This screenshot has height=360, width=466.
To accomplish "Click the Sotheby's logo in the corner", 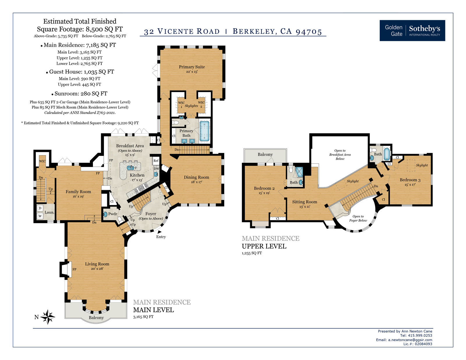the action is click(412, 31).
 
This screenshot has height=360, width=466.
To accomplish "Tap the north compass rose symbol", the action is click(47, 317).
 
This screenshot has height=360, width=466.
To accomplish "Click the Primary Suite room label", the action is click(192, 67).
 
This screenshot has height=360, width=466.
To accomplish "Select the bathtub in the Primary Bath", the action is click(204, 131).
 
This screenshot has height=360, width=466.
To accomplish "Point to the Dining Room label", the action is click(196, 177).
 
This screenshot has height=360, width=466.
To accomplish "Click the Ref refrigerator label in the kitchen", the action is click(156, 160).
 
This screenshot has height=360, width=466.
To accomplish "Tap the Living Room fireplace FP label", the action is click(74, 269).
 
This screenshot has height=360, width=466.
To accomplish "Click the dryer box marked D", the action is click(40, 208).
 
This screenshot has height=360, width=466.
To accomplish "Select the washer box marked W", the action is click(40, 216).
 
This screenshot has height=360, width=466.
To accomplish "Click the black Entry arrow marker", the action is click(159, 232).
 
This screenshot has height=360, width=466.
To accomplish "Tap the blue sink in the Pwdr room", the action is click(105, 214).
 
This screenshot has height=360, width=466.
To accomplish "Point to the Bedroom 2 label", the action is click(264, 188).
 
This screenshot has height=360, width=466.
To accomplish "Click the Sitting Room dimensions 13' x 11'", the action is click(305, 207).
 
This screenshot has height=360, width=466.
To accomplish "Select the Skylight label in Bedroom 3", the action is click(422, 165).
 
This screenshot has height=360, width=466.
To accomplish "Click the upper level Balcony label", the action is click(265, 154).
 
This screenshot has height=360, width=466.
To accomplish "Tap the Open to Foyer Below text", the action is click(358, 218).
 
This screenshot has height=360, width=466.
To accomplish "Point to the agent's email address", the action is click(410, 340).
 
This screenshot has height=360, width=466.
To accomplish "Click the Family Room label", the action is click(78, 192).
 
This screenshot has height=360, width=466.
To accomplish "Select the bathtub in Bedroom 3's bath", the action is click(387, 154).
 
